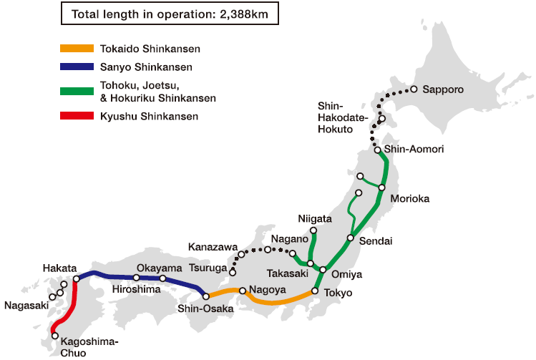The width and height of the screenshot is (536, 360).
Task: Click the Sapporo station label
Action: click(443, 90)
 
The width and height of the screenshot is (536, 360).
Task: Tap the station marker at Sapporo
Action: click(414, 89)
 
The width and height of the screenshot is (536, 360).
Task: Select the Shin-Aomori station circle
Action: click(378, 150)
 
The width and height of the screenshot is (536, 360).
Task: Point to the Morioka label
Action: click(409, 198)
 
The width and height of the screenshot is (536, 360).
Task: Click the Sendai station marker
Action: click(351, 238)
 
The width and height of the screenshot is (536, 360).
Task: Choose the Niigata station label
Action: click(315, 218)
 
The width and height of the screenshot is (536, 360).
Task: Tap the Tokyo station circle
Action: click(315, 291)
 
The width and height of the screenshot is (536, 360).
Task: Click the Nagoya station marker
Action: click(243, 291)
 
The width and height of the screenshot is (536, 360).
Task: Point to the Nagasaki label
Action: click(26, 306)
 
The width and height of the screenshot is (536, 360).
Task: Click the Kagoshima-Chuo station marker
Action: click(54, 335)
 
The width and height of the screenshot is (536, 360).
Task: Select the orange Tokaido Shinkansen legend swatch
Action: click(77, 49)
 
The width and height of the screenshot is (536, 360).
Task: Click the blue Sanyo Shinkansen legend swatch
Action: click(77, 67)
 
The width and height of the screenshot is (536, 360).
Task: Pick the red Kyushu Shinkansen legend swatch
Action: click(77, 115)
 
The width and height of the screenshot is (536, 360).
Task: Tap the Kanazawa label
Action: click(213, 247)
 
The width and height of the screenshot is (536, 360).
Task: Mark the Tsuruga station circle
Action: click(233, 273)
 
